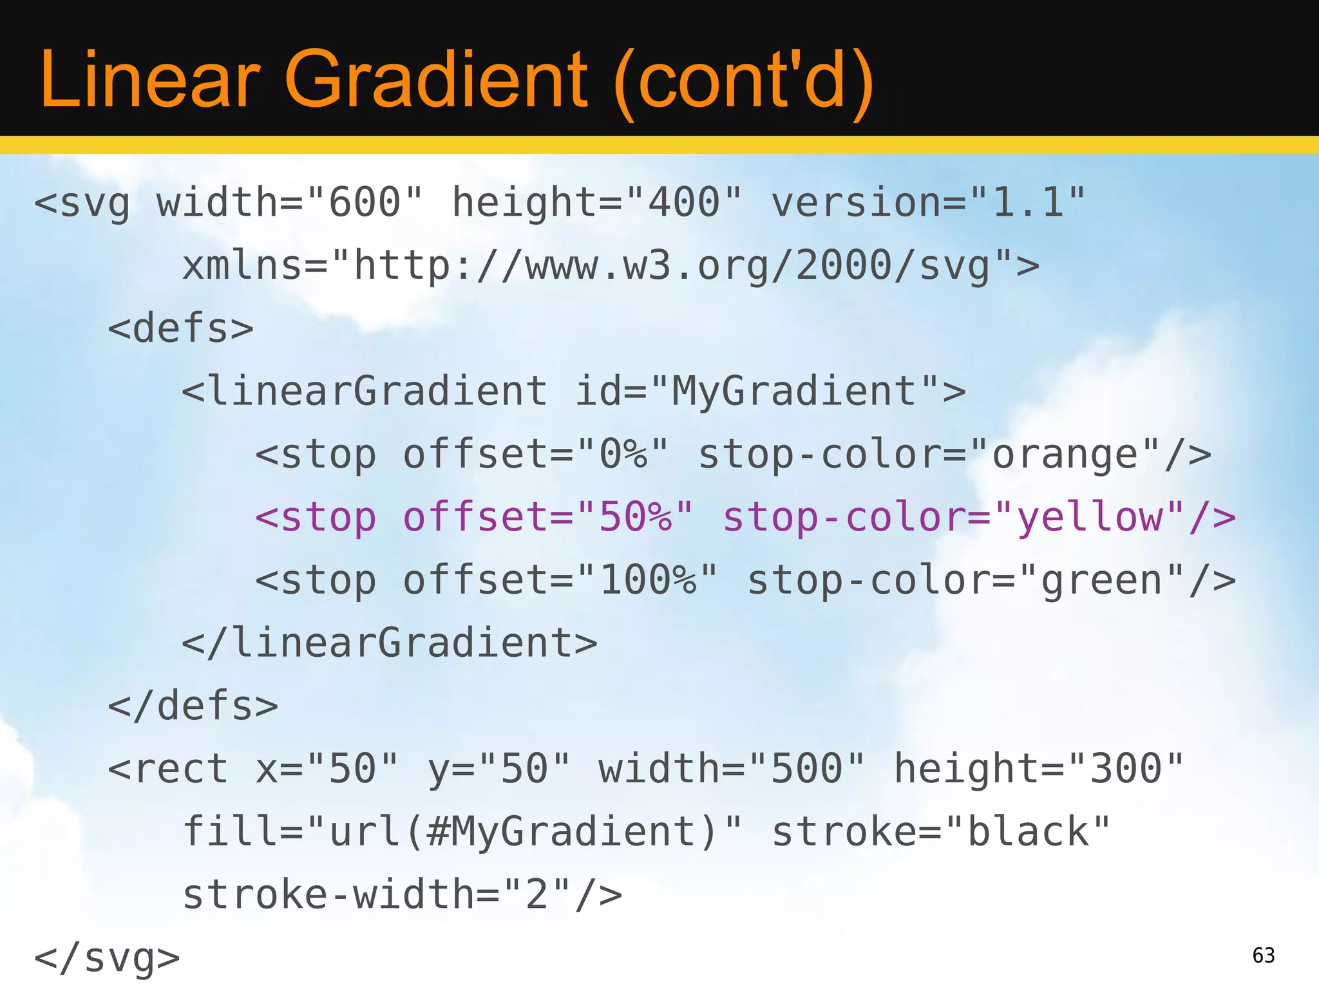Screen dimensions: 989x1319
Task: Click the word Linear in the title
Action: coord(149,80)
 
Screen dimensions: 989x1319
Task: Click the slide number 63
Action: coord(1263,956)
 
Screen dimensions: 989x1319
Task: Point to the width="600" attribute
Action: coord(290,202)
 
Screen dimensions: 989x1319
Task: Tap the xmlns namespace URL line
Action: coord(611,265)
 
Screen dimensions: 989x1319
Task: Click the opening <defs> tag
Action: coord(180,328)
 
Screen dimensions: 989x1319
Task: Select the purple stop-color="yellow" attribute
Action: coord(979,517)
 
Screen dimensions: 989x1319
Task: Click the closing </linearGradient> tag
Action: coord(390,643)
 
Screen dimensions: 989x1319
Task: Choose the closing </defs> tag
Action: coord(193,706)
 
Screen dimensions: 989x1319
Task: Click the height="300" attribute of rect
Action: coord(1039,769)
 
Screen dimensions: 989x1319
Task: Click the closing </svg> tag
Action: coord(107,957)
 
